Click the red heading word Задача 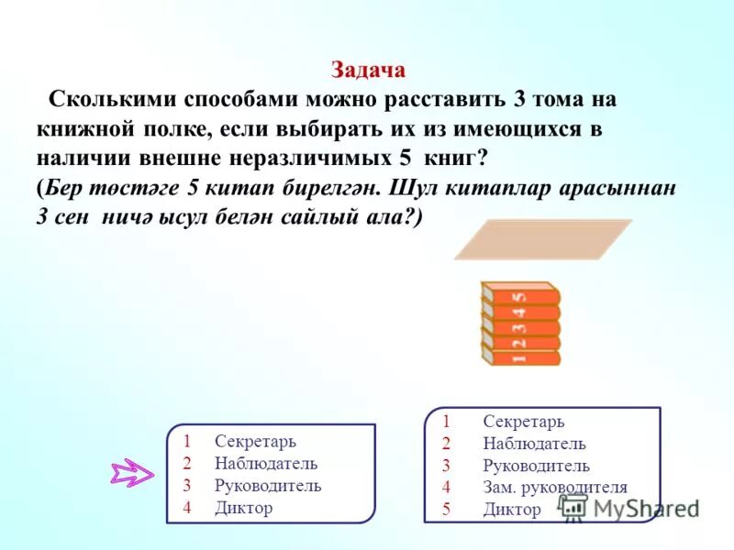click(367, 71)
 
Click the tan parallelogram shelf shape click(543, 239)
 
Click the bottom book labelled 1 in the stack click(520, 357)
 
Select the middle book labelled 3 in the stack click(520, 326)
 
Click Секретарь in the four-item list click(256, 442)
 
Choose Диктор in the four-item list click(244, 507)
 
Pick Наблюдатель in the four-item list click(266, 463)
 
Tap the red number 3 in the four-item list click(186, 485)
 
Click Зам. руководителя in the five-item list click(554, 488)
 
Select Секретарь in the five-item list click(523, 422)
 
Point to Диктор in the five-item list click(511, 510)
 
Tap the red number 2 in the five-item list click(446, 444)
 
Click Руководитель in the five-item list click(536, 466)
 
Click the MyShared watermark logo click(633, 508)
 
